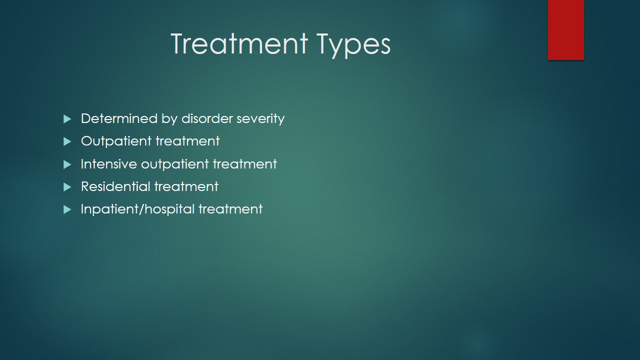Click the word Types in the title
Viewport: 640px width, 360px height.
(353, 45)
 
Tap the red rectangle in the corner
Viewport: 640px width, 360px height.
(565, 30)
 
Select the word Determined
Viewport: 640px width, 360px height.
(119, 118)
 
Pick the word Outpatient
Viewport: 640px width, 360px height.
(116, 141)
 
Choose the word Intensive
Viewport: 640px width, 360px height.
(109, 164)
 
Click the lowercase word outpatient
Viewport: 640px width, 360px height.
(175, 164)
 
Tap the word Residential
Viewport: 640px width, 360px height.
(115, 186)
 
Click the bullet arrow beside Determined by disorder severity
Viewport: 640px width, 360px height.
(67, 119)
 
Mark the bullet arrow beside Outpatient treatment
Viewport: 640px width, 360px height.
(67, 141)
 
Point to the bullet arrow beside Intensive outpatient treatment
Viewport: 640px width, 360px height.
(67, 164)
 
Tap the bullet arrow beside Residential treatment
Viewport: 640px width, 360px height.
(67, 187)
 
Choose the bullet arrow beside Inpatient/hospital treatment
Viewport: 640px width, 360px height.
(67, 209)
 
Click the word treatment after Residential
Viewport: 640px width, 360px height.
(186, 186)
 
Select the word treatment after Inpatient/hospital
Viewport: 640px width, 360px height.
(230, 209)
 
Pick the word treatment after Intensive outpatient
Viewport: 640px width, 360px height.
(245, 164)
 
